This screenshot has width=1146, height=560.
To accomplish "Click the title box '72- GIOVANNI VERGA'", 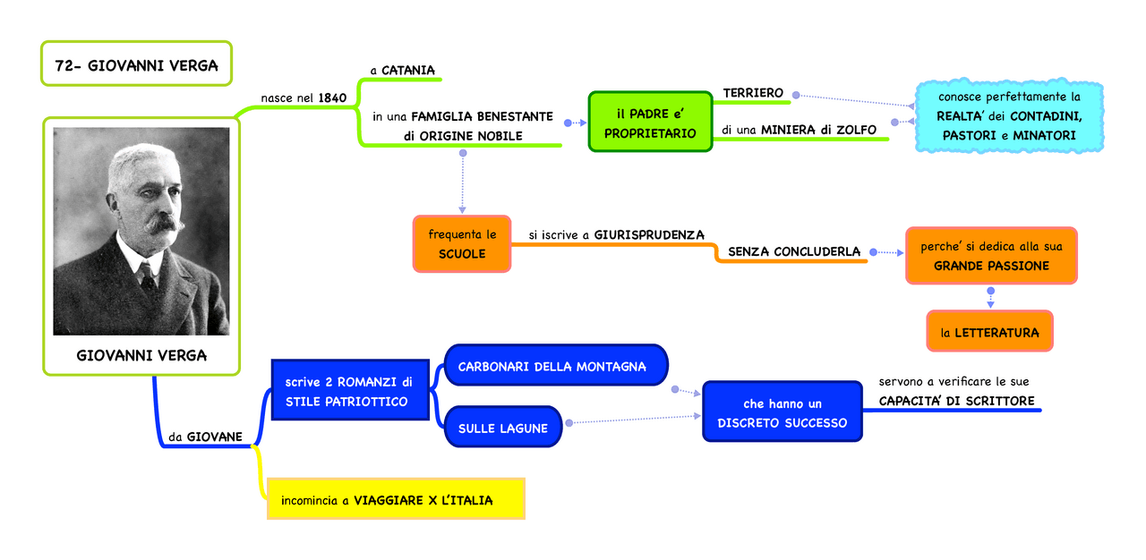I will (x=136, y=64).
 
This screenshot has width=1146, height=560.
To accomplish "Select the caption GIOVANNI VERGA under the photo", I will (x=141, y=355).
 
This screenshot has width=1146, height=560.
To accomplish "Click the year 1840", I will (x=332, y=98).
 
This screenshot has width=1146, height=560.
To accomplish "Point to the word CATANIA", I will (x=408, y=70).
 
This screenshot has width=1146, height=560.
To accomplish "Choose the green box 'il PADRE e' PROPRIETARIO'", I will (x=650, y=123).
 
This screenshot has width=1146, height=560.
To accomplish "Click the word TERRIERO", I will (x=753, y=93).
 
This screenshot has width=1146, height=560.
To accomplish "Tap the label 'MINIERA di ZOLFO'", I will (x=818, y=130).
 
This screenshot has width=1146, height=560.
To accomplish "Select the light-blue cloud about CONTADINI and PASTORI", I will (x=1009, y=115).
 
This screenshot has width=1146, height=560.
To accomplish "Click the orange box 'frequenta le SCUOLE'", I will (x=462, y=244).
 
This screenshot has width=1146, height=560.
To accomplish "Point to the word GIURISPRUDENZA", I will (x=649, y=234).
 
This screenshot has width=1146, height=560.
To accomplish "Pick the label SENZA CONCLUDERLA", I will (x=794, y=251).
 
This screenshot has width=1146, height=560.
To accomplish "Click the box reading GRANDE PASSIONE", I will (x=991, y=256).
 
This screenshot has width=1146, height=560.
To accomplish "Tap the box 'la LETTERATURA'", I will (x=989, y=332).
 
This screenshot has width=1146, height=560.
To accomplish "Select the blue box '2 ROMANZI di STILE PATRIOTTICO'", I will (x=346, y=392).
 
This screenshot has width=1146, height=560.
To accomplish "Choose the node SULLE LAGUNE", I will (x=503, y=428).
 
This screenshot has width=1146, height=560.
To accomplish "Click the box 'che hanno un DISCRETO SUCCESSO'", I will (x=782, y=413).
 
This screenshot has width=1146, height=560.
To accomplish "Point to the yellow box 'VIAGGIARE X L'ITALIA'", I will (x=396, y=499).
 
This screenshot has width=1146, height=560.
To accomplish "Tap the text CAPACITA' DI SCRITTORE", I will (x=956, y=401).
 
